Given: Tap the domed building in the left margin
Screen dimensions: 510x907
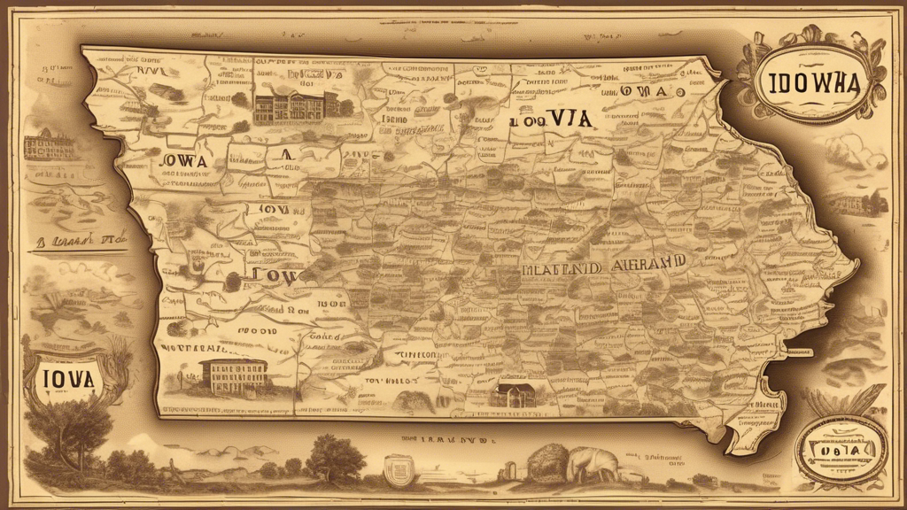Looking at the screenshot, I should tap(49, 144).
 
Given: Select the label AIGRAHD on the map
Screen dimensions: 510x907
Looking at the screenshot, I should tap(643, 263).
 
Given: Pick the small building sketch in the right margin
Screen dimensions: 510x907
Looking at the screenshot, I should tap(855, 202).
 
